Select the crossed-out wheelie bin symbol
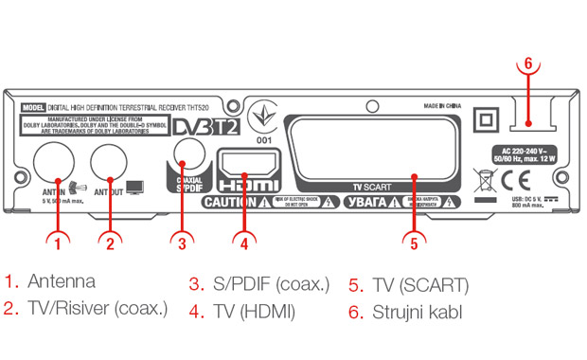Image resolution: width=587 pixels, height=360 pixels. (x=485, y=177)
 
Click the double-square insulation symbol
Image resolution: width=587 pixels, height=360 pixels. (x=487, y=118)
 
